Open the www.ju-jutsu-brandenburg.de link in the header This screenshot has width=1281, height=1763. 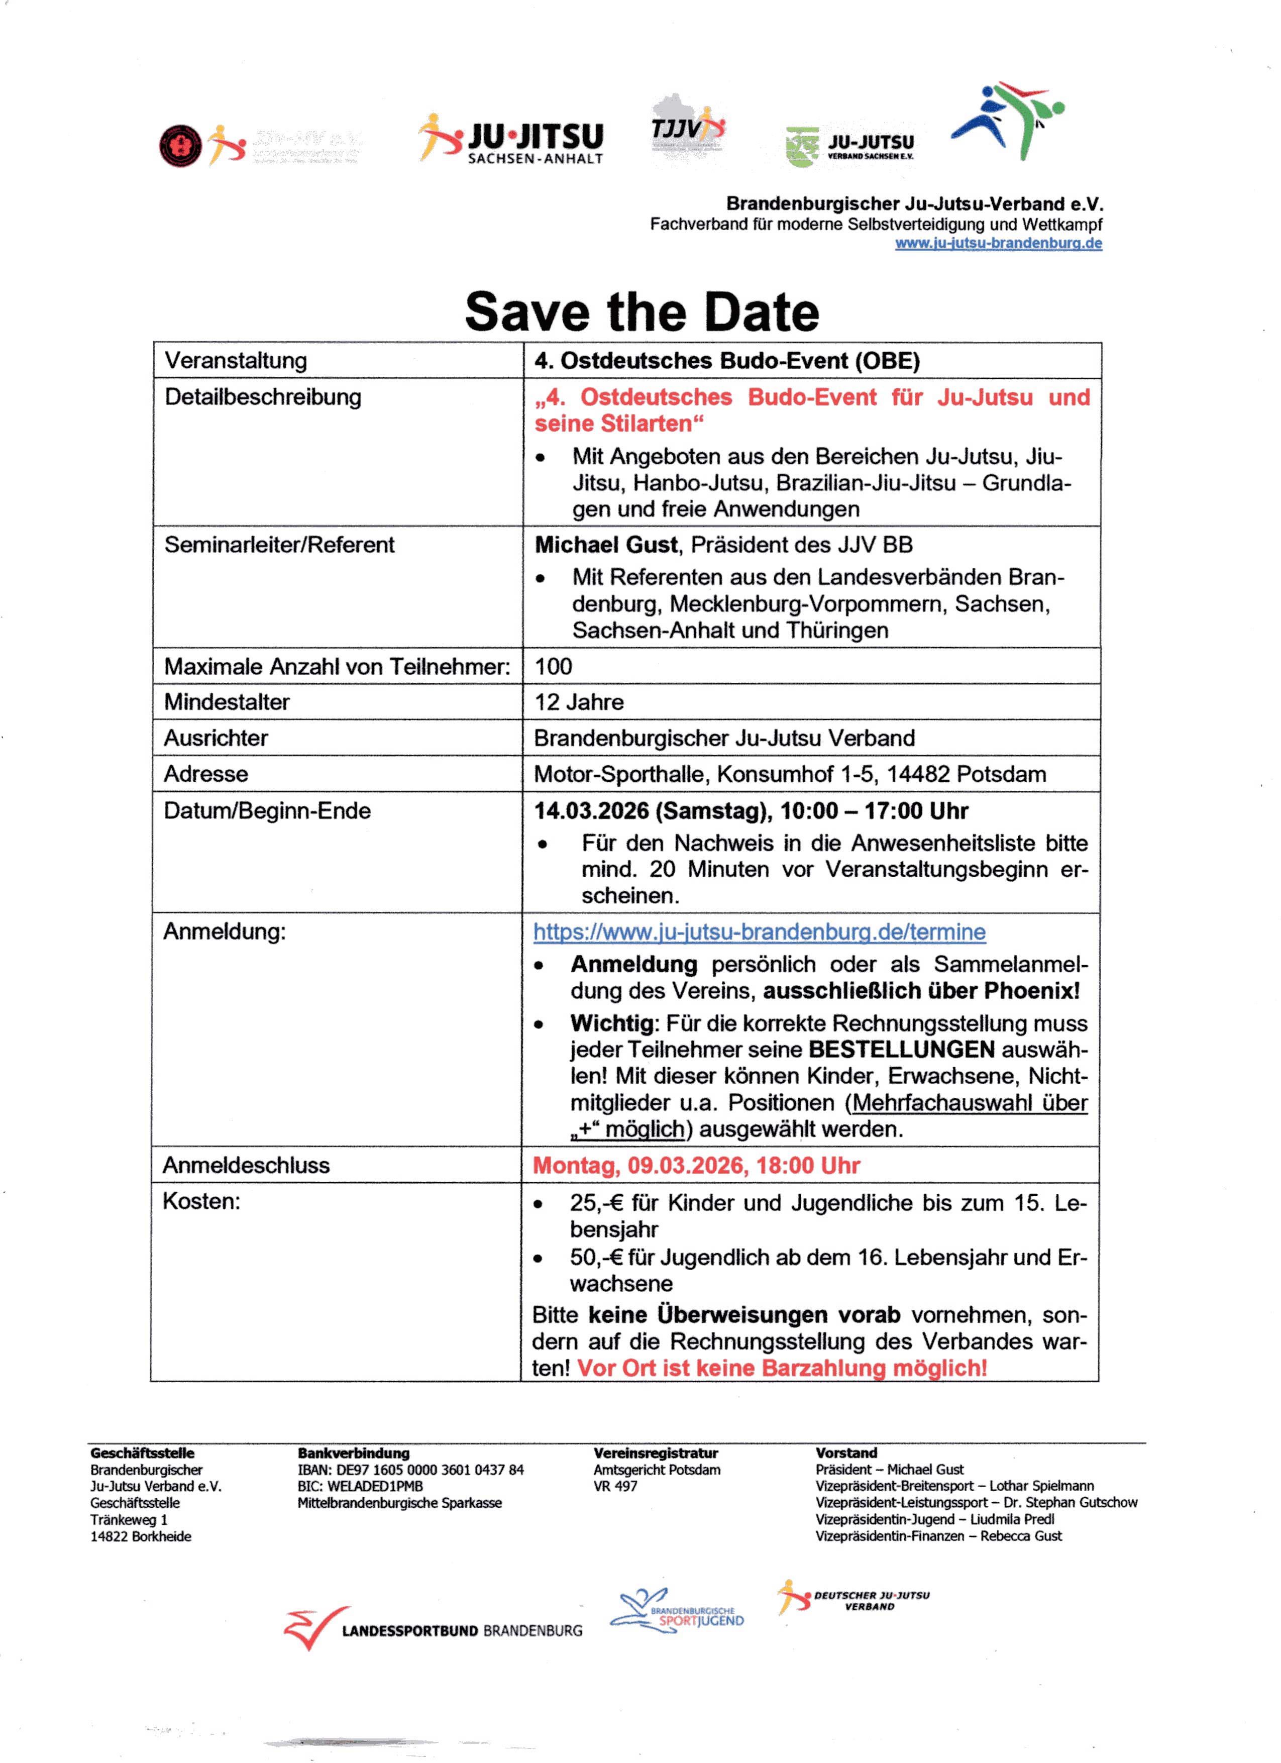[x=998, y=243]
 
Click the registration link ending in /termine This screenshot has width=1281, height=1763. [x=760, y=932]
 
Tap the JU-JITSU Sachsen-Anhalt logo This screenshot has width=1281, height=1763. [x=513, y=140]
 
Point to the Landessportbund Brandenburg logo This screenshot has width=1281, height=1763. [x=433, y=1628]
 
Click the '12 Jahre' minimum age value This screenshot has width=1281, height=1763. [x=579, y=702]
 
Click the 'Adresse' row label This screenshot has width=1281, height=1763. [x=206, y=774]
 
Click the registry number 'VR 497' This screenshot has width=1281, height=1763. [x=615, y=1486]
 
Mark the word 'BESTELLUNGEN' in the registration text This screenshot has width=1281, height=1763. [x=902, y=1050]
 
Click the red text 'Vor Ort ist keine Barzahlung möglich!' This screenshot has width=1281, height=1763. [x=782, y=1368]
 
